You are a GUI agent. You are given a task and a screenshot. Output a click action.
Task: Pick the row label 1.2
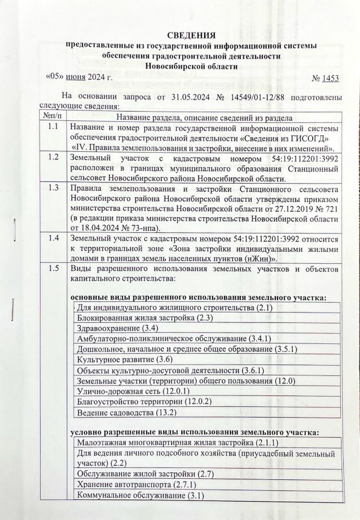[53, 158]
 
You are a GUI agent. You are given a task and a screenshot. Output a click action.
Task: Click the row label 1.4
[53, 239]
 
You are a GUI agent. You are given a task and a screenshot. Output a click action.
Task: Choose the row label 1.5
[53, 269]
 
